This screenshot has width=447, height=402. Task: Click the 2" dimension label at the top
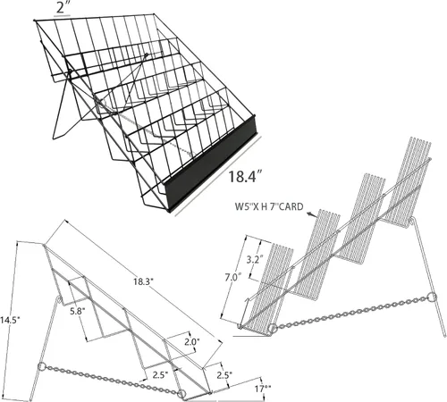[x=62, y=8]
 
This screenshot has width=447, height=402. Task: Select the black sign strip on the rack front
[x=211, y=163]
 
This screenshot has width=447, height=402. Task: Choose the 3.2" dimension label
[x=255, y=259]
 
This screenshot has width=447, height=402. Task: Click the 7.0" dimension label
[x=232, y=278]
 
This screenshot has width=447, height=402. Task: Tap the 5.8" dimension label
[x=78, y=312]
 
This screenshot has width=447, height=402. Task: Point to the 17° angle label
[x=263, y=389]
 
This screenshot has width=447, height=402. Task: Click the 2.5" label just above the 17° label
[x=224, y=375]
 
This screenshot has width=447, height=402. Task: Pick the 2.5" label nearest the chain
[x=161, y=374]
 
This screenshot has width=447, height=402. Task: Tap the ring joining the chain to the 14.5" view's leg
[x=42, y=366]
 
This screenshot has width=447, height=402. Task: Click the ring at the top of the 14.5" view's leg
[x=59, y=300]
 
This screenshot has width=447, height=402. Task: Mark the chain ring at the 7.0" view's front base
[x=272, y=329]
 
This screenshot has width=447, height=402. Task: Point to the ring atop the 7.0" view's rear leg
[x=411, y=222]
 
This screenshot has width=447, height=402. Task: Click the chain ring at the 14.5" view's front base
[x=181, y=394]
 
